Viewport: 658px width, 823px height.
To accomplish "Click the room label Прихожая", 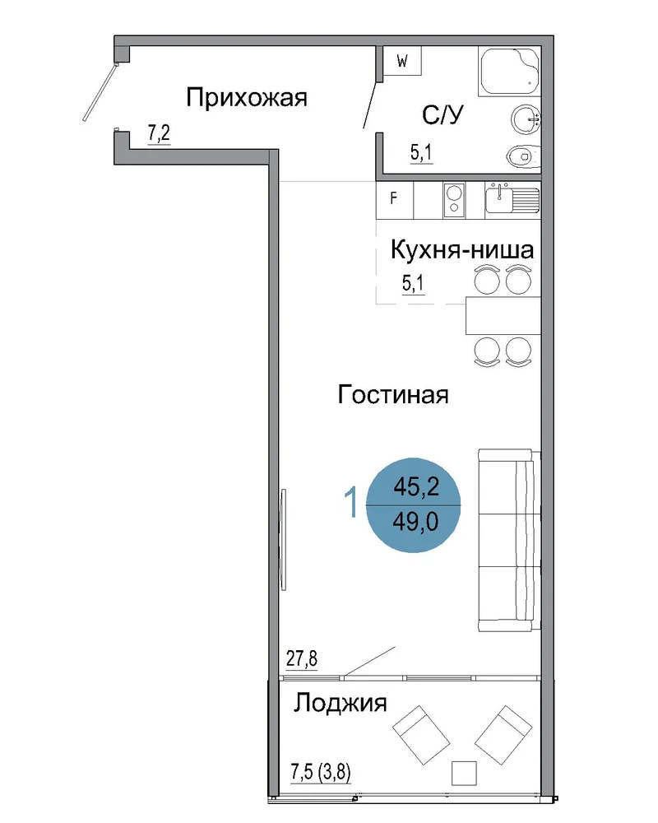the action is (246, 98).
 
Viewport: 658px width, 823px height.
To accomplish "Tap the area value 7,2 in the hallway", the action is (159, 133).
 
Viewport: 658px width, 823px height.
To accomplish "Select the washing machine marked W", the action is (402, 61).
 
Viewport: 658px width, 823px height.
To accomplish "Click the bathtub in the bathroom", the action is (509, 72).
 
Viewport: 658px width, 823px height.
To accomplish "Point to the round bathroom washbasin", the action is (526, 119).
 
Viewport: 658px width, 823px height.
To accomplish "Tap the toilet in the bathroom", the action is (524, 156).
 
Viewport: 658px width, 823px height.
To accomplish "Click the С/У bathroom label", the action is (443, 115).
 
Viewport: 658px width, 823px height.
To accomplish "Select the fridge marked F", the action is (395, 200).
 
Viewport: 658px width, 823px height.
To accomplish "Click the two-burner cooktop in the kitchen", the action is (454, 200).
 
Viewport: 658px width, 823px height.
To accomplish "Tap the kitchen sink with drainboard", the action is (512, 200).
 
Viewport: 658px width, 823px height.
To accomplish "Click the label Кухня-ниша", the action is (462, 250).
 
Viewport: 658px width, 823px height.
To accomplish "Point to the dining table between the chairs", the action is (503, 315).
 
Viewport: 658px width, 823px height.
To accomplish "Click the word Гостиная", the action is (393, 394).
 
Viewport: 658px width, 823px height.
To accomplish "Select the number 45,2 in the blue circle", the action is (417, 486).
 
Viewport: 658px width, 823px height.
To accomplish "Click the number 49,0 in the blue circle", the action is (415, 522).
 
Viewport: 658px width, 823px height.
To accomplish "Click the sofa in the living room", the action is (509, 540).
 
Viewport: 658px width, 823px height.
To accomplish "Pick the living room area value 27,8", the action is (302, 658).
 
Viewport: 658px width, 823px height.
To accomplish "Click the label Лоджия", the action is (340, 704).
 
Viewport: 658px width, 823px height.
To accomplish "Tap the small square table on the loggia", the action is (464, 773).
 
